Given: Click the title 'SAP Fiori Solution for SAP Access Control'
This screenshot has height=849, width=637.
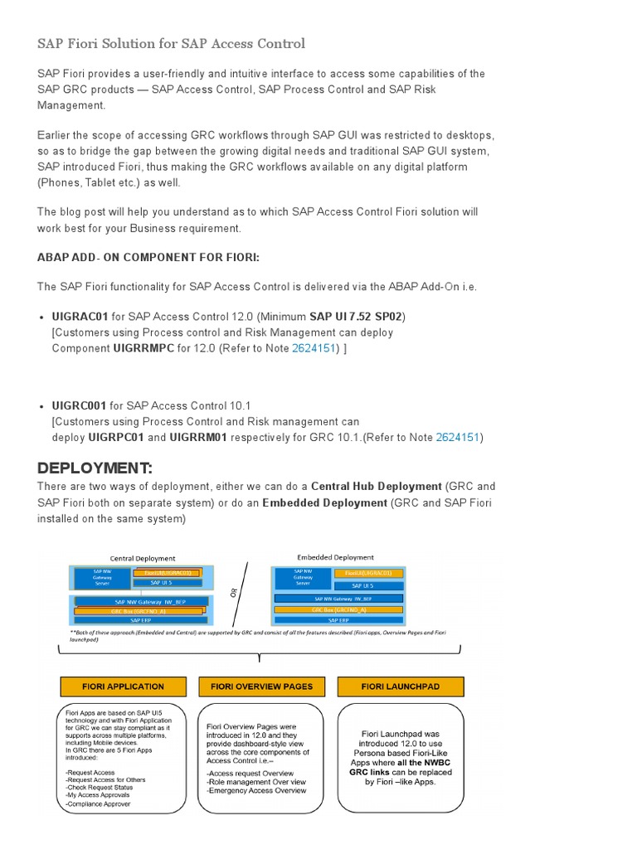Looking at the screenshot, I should pos(171,43).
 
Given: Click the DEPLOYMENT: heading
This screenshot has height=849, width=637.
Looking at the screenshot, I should pos(95,468).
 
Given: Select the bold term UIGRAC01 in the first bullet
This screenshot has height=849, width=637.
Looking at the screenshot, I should pos(80,317).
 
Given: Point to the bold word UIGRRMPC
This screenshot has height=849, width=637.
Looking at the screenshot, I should pos(143,348).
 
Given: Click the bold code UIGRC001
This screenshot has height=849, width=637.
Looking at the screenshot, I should pos(79,405).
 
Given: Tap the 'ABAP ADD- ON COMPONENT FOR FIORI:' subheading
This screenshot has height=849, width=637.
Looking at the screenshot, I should pos(148,258).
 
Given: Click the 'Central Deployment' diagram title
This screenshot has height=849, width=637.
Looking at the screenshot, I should pos(143,558).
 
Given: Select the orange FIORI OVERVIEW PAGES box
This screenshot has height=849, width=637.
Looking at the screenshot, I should pos(261,686).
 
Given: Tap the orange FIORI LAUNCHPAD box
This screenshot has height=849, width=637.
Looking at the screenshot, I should pos(401,686).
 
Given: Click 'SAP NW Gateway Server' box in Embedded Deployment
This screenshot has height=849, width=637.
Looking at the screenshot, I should pos(303,578).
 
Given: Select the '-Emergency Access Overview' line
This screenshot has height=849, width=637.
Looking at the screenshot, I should pos(256,790).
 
